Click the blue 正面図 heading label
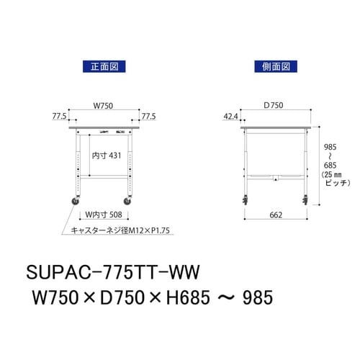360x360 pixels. tap(104, 66)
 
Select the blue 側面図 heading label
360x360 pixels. tap(275, 66)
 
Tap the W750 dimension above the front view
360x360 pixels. tap(104, 106)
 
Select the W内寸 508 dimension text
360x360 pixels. tap(105, 215)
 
